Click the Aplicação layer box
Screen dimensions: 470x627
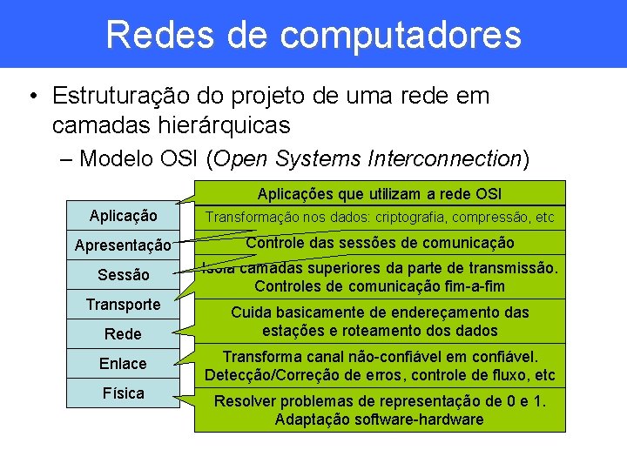click(123, 216)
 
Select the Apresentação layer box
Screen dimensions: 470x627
click(123, 245)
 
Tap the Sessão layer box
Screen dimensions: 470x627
click(123, 275)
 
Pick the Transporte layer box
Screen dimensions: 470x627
click(123, 305)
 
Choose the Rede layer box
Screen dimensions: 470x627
click(123, 334)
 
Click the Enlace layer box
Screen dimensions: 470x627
click(123, 364)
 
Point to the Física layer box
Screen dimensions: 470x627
click(123, 393)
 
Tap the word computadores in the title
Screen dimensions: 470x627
click(401, 35)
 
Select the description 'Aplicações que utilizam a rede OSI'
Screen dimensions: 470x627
click(380, 193)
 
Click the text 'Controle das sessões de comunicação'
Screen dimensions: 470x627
click(380, 243)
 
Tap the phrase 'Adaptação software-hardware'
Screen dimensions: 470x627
click(380, 420)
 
